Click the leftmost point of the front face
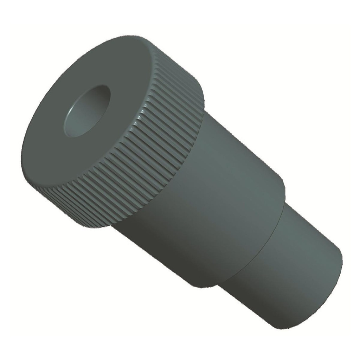tap(22, 158)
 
